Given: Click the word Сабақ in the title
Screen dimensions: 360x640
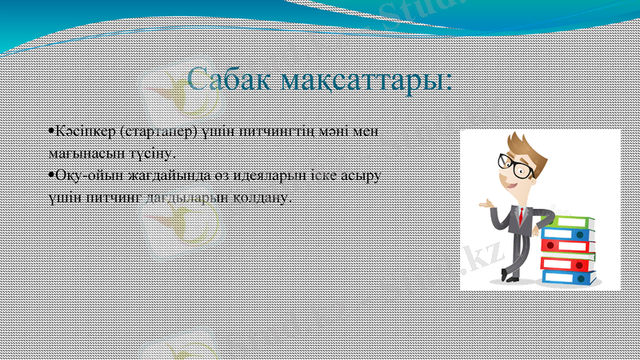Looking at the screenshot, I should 226,80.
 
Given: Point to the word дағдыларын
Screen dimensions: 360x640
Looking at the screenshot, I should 181,195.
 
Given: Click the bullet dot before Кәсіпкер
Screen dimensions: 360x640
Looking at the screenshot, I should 50,129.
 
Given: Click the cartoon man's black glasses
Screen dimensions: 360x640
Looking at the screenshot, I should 517,166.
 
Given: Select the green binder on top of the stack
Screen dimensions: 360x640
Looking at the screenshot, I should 570,222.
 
